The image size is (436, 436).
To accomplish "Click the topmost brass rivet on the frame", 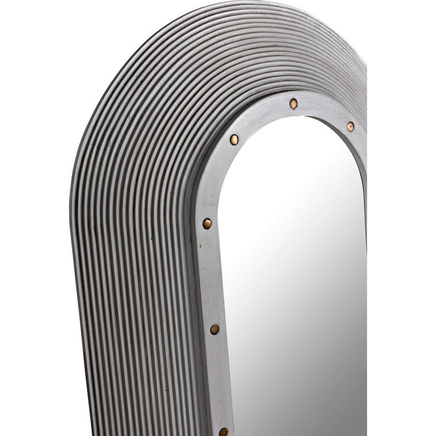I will pos(293,102).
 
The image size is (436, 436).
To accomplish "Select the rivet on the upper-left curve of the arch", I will pos(234,138).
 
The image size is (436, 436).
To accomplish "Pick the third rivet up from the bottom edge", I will pos(207,222).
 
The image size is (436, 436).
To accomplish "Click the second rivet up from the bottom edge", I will pos(215,328).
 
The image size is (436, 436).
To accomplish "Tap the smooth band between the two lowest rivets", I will pos(219,380).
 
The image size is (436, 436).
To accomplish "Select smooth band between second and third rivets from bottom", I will pos(211,274).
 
